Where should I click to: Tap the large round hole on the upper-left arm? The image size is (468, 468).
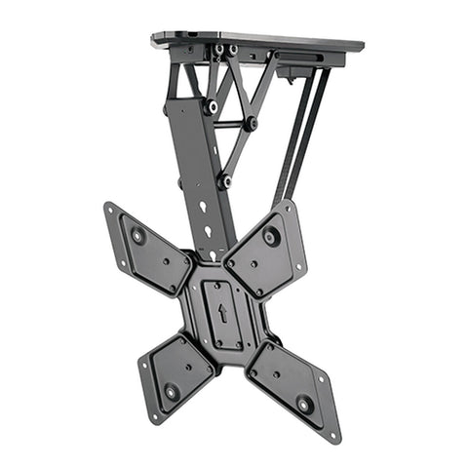[137, 235]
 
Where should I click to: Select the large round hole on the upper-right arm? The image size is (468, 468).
[270, 235]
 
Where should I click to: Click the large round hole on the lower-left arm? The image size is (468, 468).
[172, 391]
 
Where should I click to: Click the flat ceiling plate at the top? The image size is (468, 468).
[258, 41]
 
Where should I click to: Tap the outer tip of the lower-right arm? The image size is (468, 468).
[335, 435]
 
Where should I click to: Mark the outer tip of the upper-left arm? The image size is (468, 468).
[108, 207]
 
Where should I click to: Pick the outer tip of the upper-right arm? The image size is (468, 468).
[290, 204]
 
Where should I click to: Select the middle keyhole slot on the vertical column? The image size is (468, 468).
[207, 231]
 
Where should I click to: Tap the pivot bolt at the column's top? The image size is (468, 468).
[211, 106]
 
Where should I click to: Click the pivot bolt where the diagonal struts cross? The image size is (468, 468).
[251, 124]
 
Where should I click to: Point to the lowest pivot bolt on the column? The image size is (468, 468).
[224, 181]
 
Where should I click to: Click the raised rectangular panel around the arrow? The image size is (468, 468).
[223, 315]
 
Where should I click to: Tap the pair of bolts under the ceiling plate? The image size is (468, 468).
[225, 49]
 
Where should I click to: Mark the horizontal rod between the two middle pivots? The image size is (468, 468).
[231, 125]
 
